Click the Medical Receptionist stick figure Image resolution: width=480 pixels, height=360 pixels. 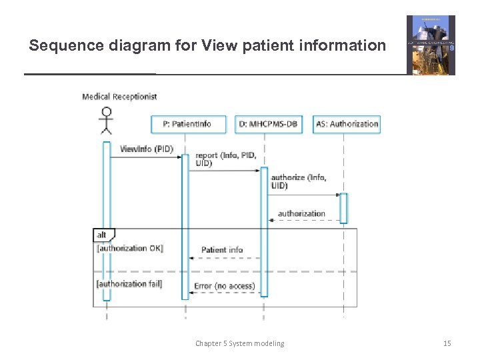click(x=105, y=121)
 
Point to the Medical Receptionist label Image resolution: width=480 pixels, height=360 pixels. click(x=119, y=97)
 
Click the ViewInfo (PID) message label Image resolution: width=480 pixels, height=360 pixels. click(x=146, y=149)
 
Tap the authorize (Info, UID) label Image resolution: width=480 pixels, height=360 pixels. click(x=298, y=181)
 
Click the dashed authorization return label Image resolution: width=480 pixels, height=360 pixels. click(x=301, y=214)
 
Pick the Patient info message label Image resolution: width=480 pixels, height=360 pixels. click(x=222, y=250)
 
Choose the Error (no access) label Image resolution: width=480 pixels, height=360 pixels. click(x=224, y=286)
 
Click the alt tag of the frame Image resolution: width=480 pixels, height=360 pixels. click(x=102, y=235)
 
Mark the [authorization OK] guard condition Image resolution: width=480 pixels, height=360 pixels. click(x=130, y=248)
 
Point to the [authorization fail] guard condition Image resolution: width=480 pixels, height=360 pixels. click(x=129, y=284)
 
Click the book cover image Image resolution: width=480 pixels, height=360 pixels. click(x=431, y=45)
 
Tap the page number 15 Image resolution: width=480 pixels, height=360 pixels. click(x=447, y=343)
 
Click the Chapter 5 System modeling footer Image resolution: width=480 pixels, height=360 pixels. click(x=239, y=343)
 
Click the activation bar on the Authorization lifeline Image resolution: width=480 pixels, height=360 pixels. click(x=344, y=208)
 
